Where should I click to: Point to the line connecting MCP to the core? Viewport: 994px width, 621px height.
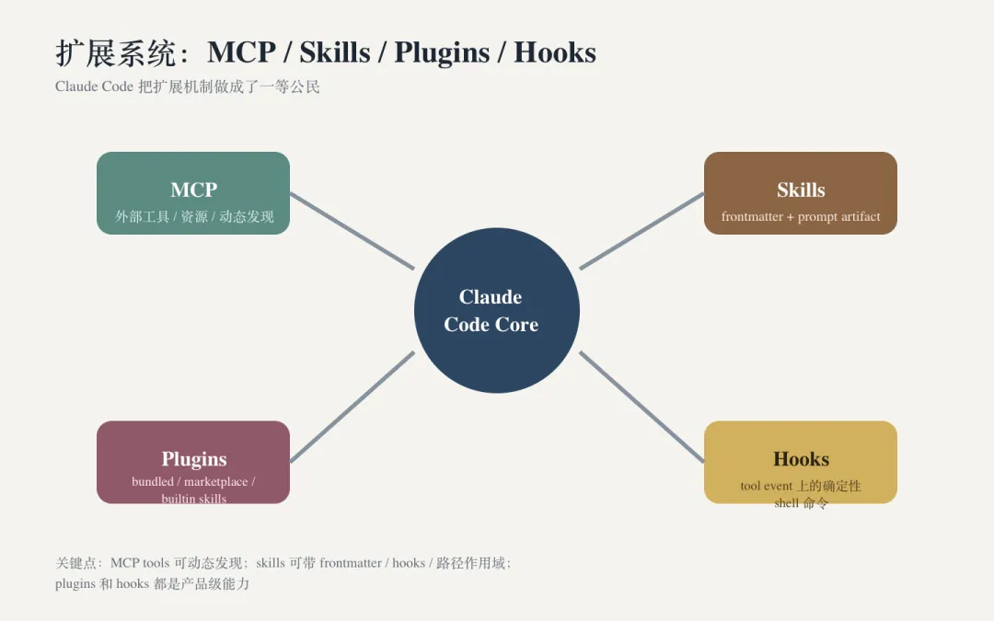(352, 231)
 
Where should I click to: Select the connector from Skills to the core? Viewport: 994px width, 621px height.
(641, 231)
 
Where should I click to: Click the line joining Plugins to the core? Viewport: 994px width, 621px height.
(352, 407)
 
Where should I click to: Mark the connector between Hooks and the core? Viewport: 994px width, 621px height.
(641, 407)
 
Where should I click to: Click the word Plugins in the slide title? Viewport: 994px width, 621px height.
(441, 52)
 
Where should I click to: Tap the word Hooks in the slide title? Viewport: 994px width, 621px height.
(555, 52)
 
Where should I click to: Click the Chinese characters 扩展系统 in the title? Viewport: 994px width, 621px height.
(115, 52)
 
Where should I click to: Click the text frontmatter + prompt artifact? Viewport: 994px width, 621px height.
(801, 217)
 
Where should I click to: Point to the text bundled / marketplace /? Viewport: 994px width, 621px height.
(193, 481)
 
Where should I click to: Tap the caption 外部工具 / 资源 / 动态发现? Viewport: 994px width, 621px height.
(194, 217)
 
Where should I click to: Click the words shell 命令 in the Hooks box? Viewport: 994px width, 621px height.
(801, 503)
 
